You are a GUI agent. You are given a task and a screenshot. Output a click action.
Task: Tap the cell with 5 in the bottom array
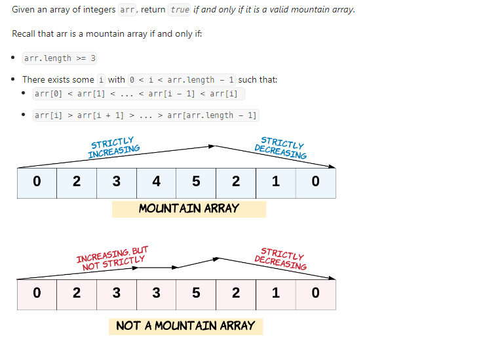196,293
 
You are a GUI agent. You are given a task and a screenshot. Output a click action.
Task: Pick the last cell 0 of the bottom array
315,293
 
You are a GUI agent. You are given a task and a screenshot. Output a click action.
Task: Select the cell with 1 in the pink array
275,293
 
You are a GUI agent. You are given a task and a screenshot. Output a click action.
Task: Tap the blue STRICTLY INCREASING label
113,148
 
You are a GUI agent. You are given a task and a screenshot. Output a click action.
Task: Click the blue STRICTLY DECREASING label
281,148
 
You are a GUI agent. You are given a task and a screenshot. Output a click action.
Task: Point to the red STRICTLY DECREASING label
281,259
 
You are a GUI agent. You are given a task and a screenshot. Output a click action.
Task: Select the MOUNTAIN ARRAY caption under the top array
189,209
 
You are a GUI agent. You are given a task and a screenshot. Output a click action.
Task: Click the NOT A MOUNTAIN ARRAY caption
185,326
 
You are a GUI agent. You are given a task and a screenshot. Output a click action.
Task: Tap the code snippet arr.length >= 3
60,58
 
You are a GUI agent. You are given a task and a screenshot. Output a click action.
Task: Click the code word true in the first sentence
180,10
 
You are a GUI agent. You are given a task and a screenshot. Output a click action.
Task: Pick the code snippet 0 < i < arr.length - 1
182,80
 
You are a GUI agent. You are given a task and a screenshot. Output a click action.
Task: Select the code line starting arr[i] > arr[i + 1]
145,115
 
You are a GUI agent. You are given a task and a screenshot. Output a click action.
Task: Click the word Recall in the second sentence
25,33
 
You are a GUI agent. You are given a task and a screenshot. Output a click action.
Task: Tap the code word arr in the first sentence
127,10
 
